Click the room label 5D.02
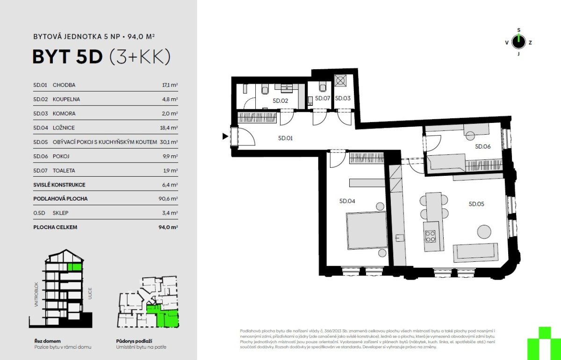(280, 101)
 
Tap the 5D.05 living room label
(476, 204)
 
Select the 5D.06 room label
(483, 146)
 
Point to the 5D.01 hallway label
(285, 138)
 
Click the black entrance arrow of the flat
(225, 136)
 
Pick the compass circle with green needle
(518, 42)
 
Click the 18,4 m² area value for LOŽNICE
(169, 128)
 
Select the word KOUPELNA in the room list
(66, 99)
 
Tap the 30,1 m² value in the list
(169, 142)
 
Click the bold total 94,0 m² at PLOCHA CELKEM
(168, 227)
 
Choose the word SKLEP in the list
(60, 213)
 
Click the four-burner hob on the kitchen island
(430, 236)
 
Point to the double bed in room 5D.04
(367, 230)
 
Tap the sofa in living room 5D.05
(475, 252)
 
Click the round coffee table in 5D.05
(484, 232)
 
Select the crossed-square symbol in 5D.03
(340, 81)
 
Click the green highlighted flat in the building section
(75, 267)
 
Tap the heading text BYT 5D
(68, 57)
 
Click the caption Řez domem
(48, 341)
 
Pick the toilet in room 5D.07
(322, 86)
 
